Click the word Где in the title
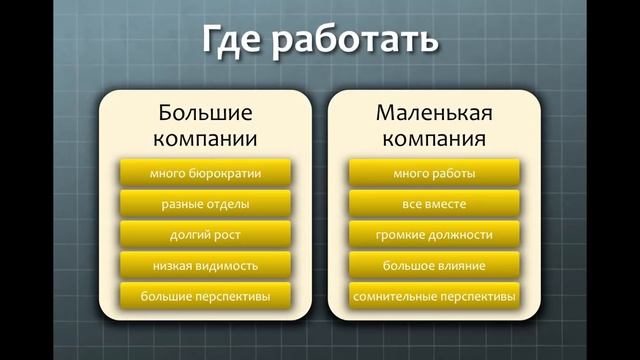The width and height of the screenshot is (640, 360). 238,41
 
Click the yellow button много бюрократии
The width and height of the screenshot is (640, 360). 205,173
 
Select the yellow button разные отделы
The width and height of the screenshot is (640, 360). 205,204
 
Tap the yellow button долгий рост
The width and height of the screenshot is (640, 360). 205,235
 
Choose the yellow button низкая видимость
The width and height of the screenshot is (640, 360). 205,266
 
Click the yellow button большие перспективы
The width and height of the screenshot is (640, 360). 205,297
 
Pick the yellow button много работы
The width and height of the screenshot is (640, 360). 433,173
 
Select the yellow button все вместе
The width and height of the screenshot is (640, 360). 433,204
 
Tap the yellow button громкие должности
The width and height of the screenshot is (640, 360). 433,235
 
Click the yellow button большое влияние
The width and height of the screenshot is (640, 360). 433,266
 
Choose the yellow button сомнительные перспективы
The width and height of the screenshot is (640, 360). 433,297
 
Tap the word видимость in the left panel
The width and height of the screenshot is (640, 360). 226,266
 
